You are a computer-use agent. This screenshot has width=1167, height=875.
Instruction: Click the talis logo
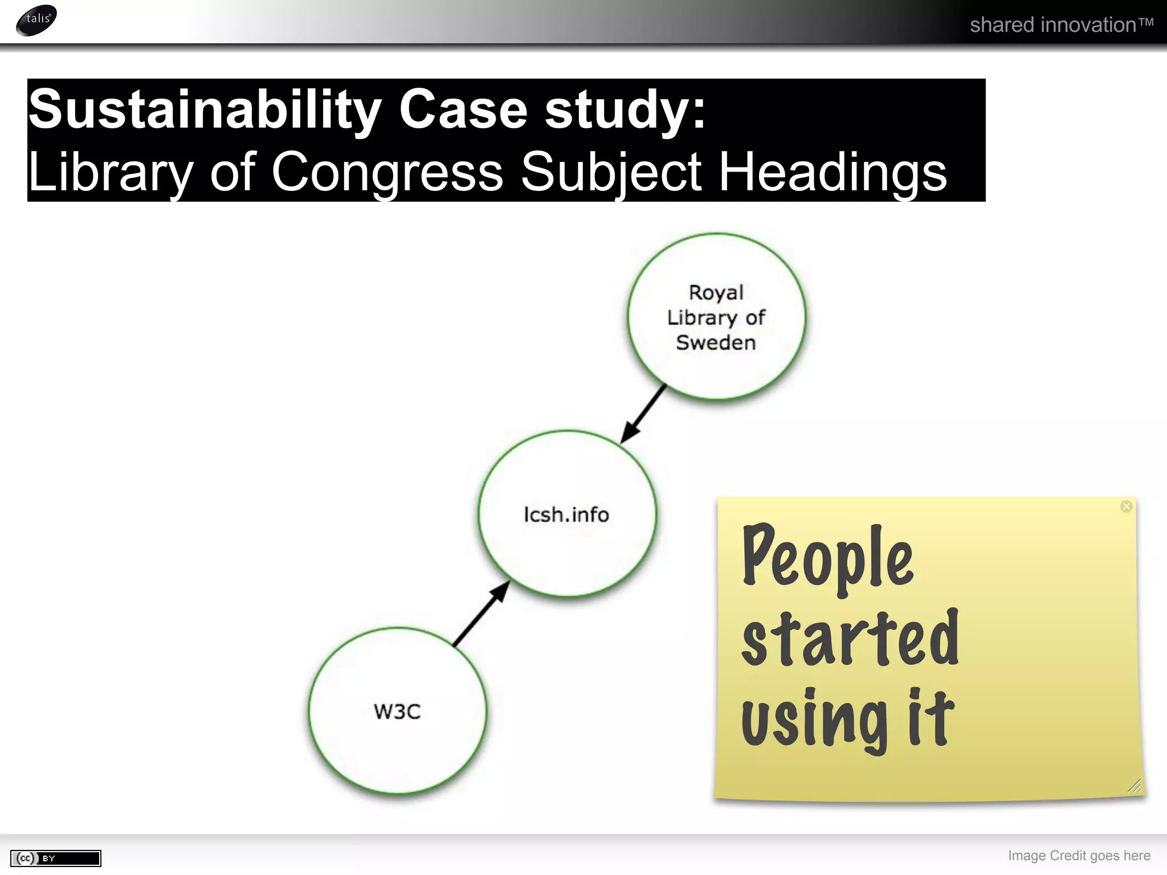[37, 20]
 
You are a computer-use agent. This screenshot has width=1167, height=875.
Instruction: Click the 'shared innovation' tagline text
[1061, 25]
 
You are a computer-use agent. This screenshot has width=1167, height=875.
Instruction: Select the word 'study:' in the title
[625, 109]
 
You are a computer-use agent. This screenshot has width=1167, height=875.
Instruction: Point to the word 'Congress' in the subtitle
[387, 171]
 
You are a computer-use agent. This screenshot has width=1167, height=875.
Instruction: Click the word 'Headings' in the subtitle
[833, 171]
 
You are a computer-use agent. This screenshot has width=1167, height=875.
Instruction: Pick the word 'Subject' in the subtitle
[611, 173]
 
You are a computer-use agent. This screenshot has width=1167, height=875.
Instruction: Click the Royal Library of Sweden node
[716, 317]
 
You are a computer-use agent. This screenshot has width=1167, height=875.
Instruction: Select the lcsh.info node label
[566, 514]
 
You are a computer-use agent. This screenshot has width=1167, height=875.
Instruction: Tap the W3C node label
[397, 712]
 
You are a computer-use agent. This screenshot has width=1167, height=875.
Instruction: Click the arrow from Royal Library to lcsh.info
[644, 414]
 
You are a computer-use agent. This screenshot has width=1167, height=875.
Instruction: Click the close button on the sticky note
[1126, 506]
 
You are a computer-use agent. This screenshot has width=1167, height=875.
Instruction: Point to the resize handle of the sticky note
[1134, 786]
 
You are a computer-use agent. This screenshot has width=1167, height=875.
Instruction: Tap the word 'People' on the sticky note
[827, 558]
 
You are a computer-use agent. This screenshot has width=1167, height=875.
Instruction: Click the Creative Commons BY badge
[56, 858]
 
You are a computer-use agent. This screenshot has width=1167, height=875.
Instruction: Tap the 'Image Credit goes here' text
[1079, 856]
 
